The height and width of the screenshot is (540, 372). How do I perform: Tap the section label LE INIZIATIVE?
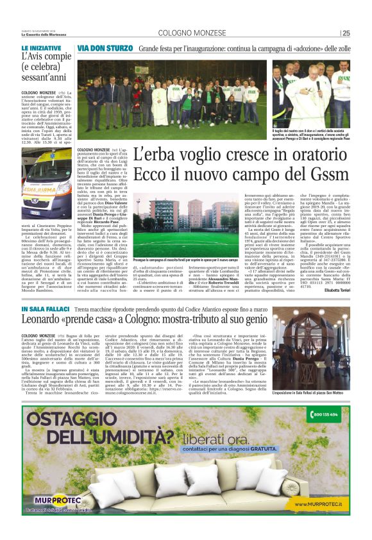click(42, 48)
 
